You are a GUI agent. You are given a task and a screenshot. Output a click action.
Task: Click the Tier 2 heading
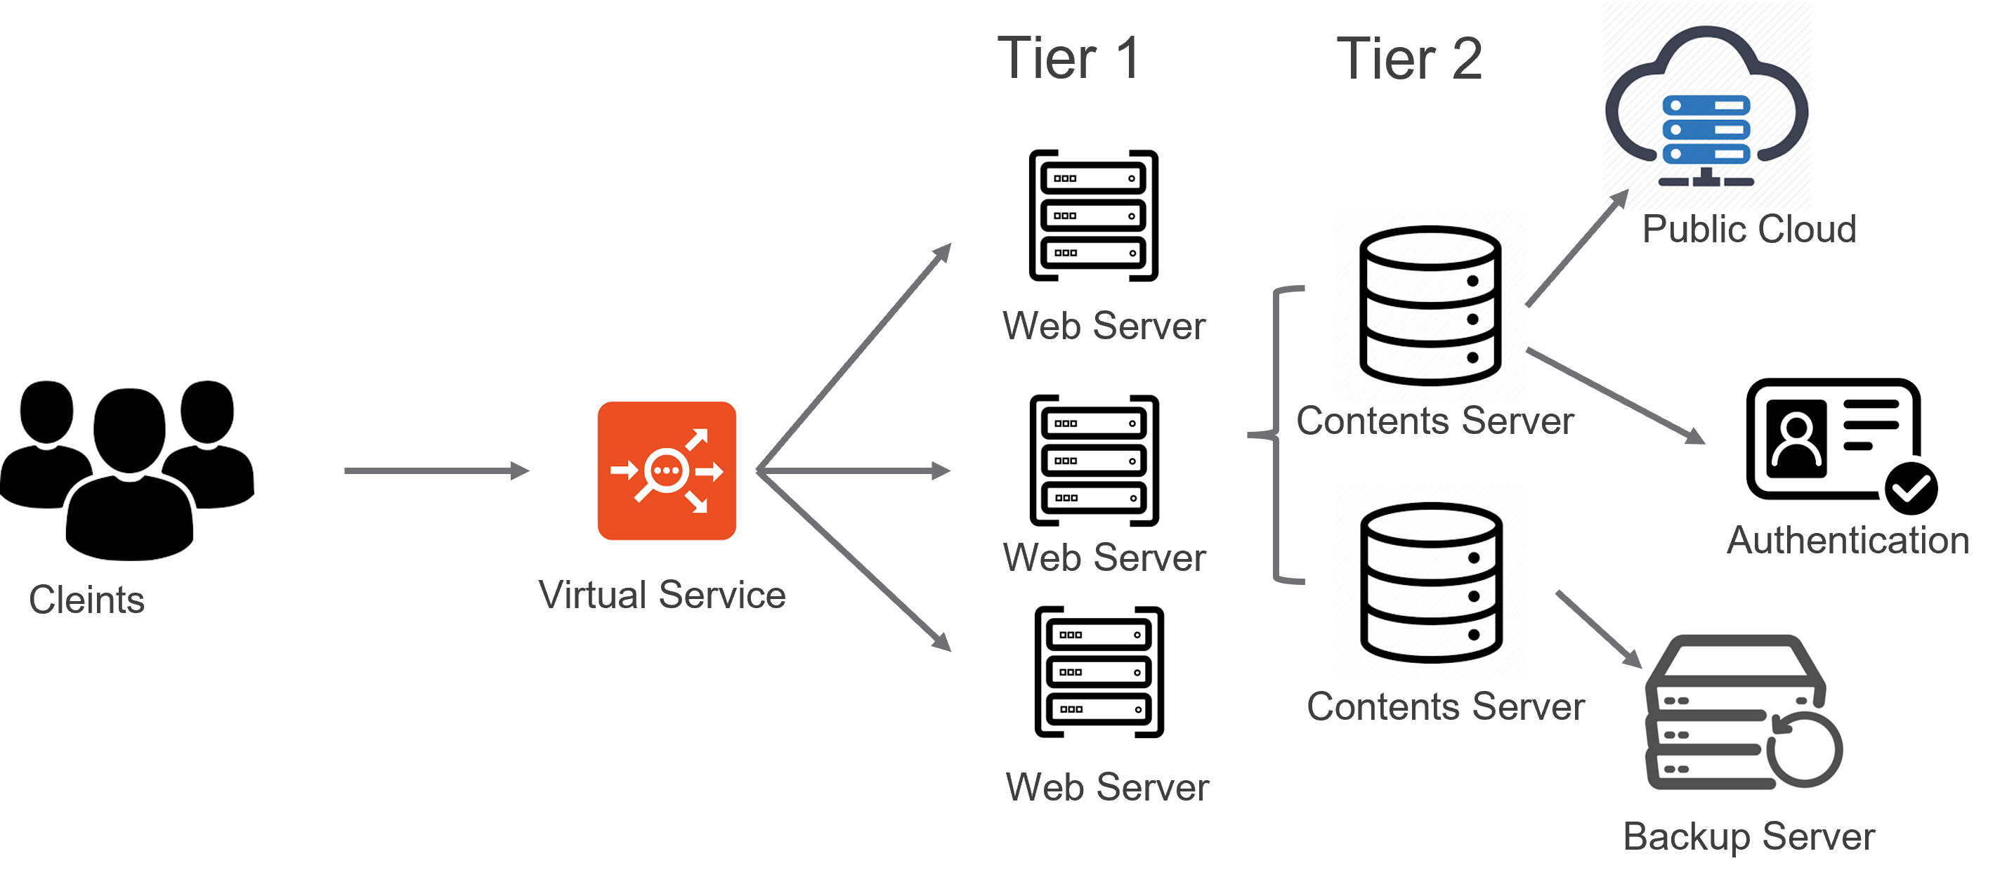(1408, 58)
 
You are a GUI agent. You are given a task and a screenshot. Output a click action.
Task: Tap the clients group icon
(127, 470)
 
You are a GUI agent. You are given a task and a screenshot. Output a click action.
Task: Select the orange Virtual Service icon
(666, 470)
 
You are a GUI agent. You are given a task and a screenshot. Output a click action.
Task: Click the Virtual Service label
(662, 595)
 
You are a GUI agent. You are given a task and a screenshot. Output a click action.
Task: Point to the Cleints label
(86, 600)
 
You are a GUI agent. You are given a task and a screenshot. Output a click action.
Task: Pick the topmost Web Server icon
(1092, 212)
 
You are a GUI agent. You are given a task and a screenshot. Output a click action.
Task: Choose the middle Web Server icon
(1092, 457)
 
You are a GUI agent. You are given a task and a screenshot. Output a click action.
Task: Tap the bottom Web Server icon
(1097, 669)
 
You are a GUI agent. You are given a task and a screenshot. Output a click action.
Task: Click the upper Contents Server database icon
(1430, 305)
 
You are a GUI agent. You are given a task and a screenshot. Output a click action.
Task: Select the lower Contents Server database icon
(1430, 582)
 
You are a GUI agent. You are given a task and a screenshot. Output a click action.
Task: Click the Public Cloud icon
(1706, 106)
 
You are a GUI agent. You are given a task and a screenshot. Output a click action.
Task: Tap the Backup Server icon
(1745, 717)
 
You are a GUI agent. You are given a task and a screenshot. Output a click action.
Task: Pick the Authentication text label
(1848, 541)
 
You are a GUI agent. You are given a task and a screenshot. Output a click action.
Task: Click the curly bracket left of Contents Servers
(1276, 435)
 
